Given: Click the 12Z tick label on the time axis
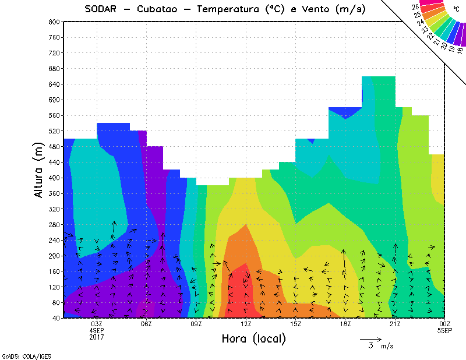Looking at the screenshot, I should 246,324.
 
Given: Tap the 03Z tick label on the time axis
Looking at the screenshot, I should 97,324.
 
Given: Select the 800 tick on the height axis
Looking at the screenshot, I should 54,22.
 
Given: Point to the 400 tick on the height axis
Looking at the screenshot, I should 54,178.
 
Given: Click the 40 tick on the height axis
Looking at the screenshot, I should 56,318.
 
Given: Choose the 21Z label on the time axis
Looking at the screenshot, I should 396,324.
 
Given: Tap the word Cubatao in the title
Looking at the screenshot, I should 160,9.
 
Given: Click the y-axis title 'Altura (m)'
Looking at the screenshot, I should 39,168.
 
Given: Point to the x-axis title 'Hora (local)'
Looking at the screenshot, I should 253,338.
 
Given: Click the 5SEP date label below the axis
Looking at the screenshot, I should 444,331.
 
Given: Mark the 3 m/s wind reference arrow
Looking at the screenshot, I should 370,338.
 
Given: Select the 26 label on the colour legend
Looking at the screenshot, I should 415,7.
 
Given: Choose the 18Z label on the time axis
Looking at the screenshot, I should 345,324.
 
